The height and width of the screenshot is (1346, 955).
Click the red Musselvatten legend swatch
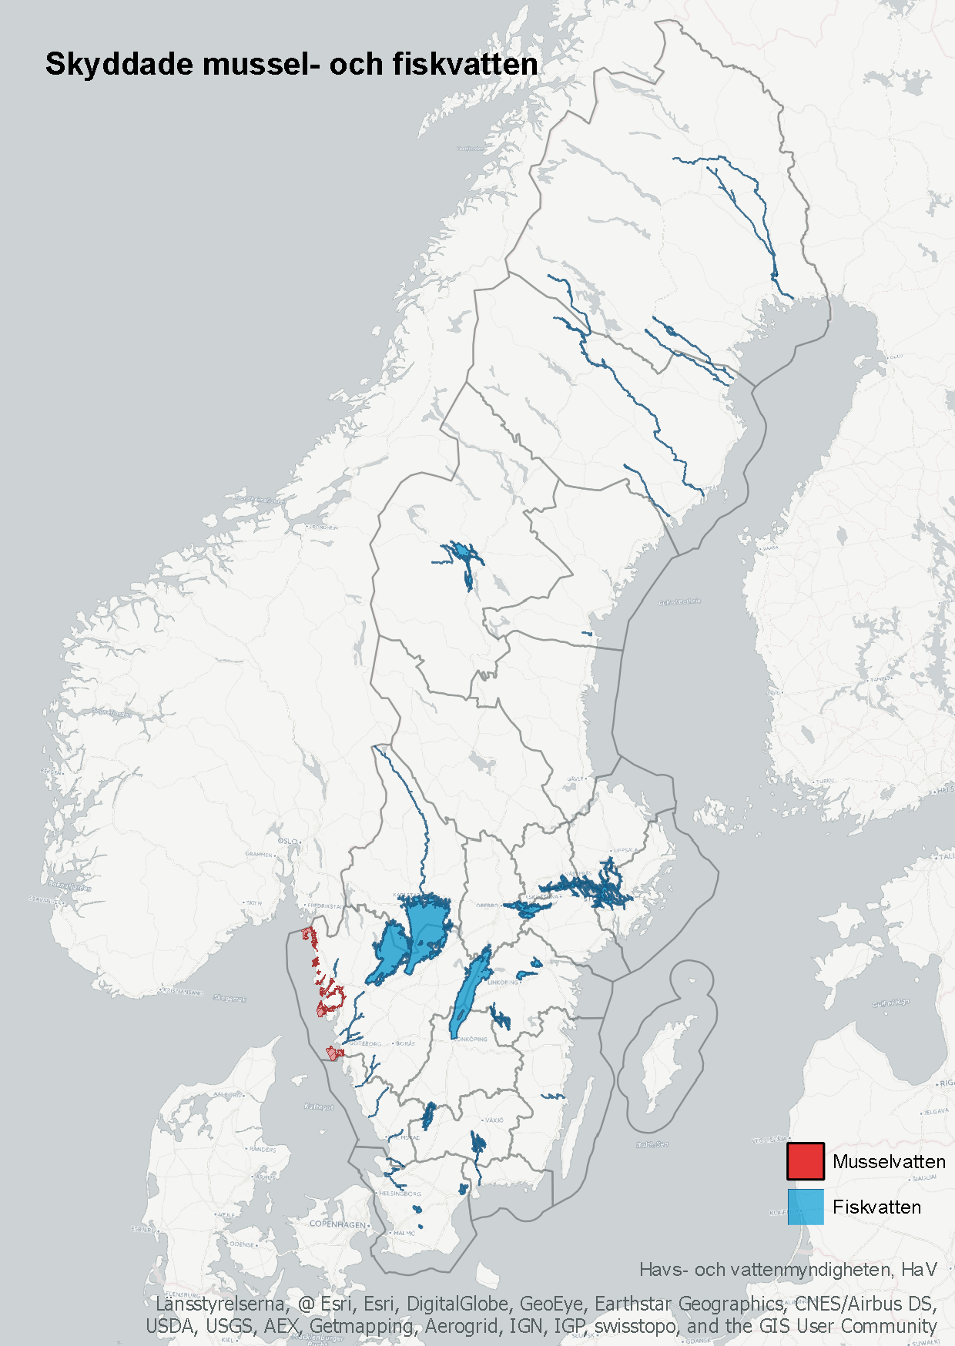tap(805, 1161)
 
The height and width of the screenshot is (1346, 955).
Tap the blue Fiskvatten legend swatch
tap(805, 1207)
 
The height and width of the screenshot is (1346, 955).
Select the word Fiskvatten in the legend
tap(876, 1207)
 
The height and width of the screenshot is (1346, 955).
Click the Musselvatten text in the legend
tap(889, 1162)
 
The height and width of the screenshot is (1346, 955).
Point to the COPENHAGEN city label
tap(337, 1224)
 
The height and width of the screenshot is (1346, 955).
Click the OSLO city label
tap(287, 841)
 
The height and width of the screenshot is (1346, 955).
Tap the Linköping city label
tap(504, 983)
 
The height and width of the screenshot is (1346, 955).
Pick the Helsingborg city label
tap(399, 1193)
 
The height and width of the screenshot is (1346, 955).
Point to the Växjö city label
tap(494, 1120)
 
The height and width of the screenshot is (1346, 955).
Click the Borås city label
tap(406, 1043)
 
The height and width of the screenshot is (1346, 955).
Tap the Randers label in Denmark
tap(263, 1149)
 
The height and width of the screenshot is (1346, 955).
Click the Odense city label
tap(242, 1244)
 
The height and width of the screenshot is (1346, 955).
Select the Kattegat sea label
tap(319, 1107)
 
